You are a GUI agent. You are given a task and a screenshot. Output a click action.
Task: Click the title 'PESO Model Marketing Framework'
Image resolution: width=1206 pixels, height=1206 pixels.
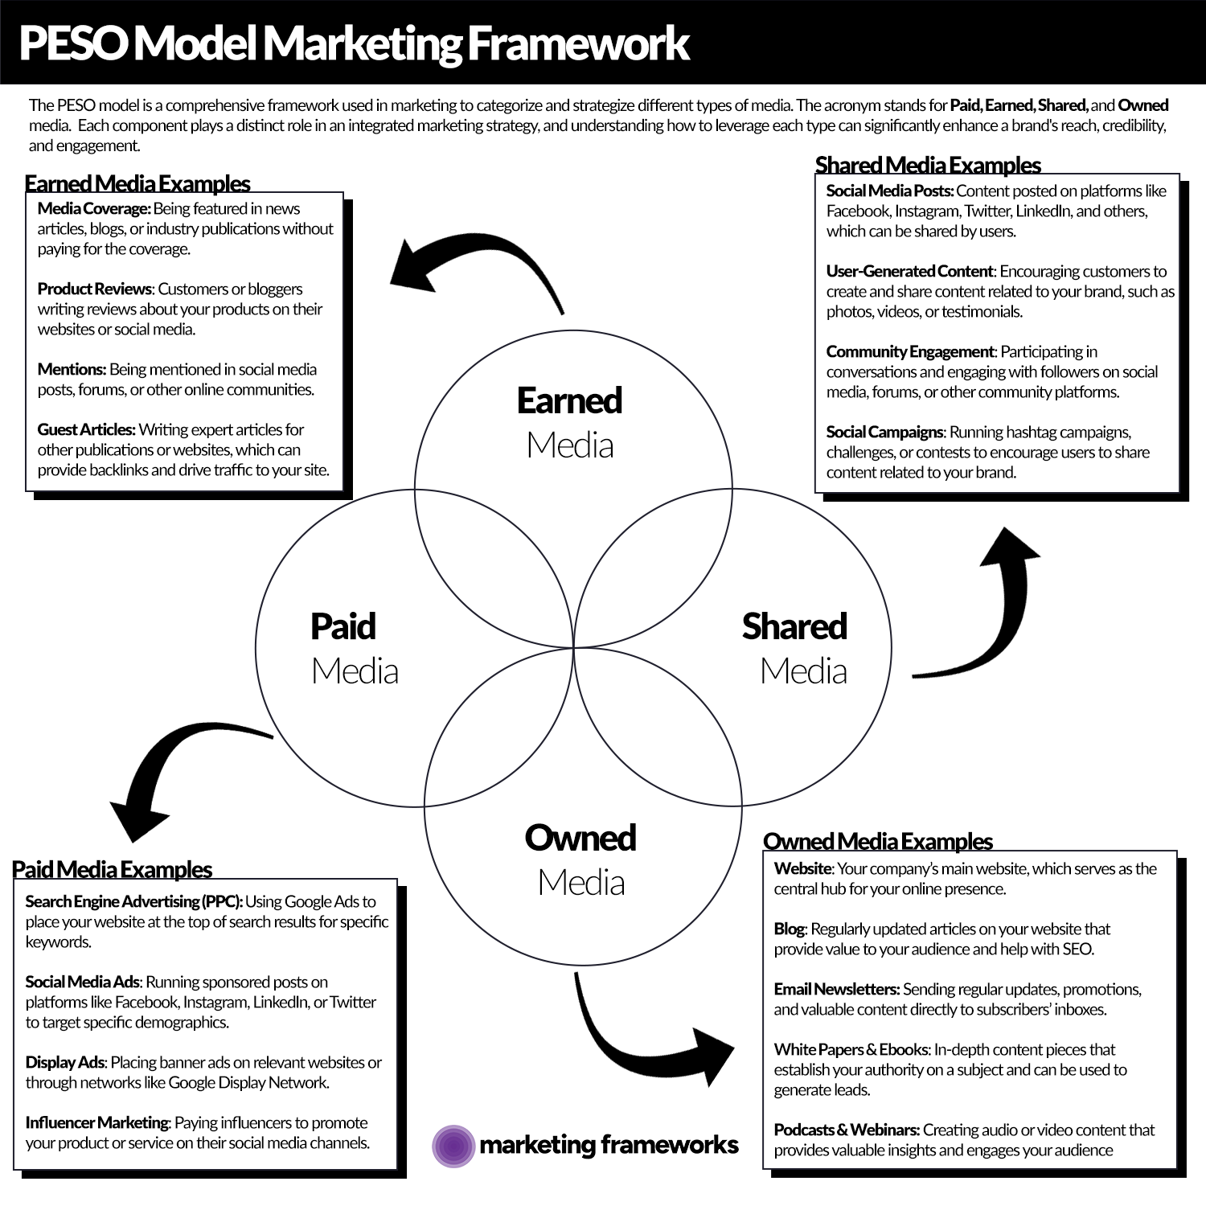point(354,43)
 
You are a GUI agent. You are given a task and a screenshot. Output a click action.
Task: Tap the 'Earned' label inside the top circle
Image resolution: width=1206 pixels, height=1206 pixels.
point(569,400)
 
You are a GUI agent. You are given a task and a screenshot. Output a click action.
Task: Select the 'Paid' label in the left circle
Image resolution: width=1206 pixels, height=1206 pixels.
point(343,626)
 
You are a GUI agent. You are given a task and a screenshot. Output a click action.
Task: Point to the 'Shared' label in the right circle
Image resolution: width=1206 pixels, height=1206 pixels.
point(794,626)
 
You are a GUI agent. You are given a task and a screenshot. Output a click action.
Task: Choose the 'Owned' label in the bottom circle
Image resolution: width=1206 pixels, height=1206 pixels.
point(580,838)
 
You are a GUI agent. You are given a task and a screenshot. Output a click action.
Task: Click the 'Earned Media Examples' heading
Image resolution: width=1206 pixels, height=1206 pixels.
point(137,183)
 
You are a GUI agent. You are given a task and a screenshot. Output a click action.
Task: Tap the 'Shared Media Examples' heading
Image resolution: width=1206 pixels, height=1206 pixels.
point(928,165)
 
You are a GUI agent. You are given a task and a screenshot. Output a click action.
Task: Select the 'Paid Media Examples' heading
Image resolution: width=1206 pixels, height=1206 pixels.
point(112,869)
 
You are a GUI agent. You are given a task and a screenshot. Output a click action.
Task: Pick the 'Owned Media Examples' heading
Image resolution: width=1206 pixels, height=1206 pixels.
point(878,841)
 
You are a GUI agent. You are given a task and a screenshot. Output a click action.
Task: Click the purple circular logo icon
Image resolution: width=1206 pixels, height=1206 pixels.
point(453,1146)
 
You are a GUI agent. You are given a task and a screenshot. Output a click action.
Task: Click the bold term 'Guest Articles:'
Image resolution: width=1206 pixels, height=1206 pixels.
point(87,429)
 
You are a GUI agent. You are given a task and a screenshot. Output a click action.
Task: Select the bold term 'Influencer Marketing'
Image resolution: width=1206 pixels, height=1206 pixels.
point(97,1122)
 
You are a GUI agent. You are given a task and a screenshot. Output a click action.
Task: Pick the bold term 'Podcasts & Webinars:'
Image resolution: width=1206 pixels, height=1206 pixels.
point(847,1130)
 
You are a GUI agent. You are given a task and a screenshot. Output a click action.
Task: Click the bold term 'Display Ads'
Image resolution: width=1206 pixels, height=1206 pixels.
point(65,1062)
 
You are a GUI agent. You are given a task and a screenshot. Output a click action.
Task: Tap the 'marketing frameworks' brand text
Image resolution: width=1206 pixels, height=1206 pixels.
point(609,1144)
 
